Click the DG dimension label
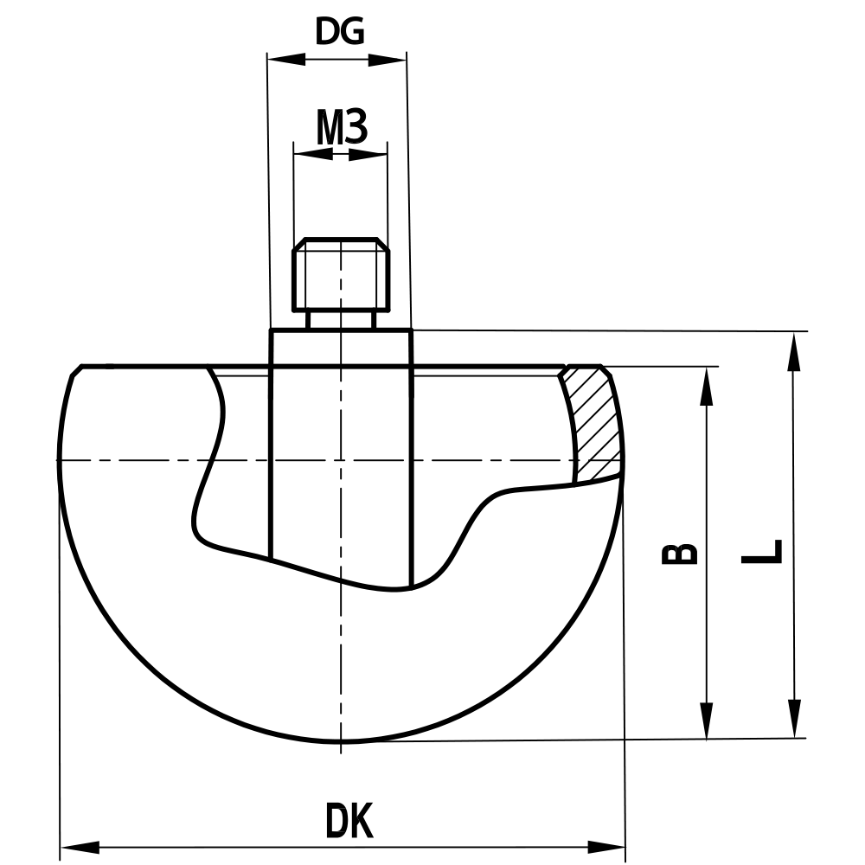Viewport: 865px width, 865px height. coord(339,32)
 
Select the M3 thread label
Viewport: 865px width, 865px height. coord(342,128)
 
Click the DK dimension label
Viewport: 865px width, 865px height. coord(349,821)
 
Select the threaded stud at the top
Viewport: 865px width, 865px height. coord(340,275)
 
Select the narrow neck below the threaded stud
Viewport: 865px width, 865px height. coord(341,319)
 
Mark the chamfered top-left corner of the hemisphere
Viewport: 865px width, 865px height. coord(76,371)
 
